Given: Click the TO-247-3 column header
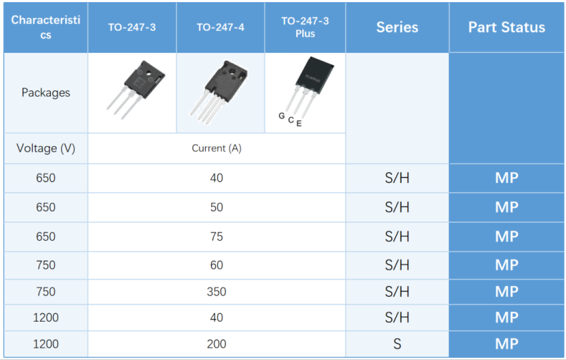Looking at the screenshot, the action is click(x=132, y=27).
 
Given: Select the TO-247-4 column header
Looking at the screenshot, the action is click(x=220, y=27).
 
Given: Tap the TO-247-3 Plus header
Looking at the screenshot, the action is click(x=305, y=27).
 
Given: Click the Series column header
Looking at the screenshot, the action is click(x=397, y=27).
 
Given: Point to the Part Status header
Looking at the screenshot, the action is click(x=506, y=27).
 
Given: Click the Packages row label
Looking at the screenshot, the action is click(x=46, y=93).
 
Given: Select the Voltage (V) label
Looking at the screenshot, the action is click(x=46, y=148).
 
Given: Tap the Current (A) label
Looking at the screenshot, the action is click(x=217, y=148).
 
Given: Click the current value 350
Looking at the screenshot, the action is click(x=217, y=291).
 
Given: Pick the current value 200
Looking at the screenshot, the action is click(x=217, y=344).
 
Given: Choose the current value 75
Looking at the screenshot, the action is click(x=217, y=237).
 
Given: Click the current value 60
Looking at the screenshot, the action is click(x=217, y=265).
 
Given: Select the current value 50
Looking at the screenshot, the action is click(x=217, y=207).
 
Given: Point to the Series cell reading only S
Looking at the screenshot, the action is click(x=397, y=344).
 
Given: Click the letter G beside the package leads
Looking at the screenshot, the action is click(x=282, y=116).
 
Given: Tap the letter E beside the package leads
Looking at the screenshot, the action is click(x=299, y=123).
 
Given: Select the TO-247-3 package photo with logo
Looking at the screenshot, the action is click(x=136, y=90).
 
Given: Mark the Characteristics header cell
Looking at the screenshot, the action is click(x=46, y=27).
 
